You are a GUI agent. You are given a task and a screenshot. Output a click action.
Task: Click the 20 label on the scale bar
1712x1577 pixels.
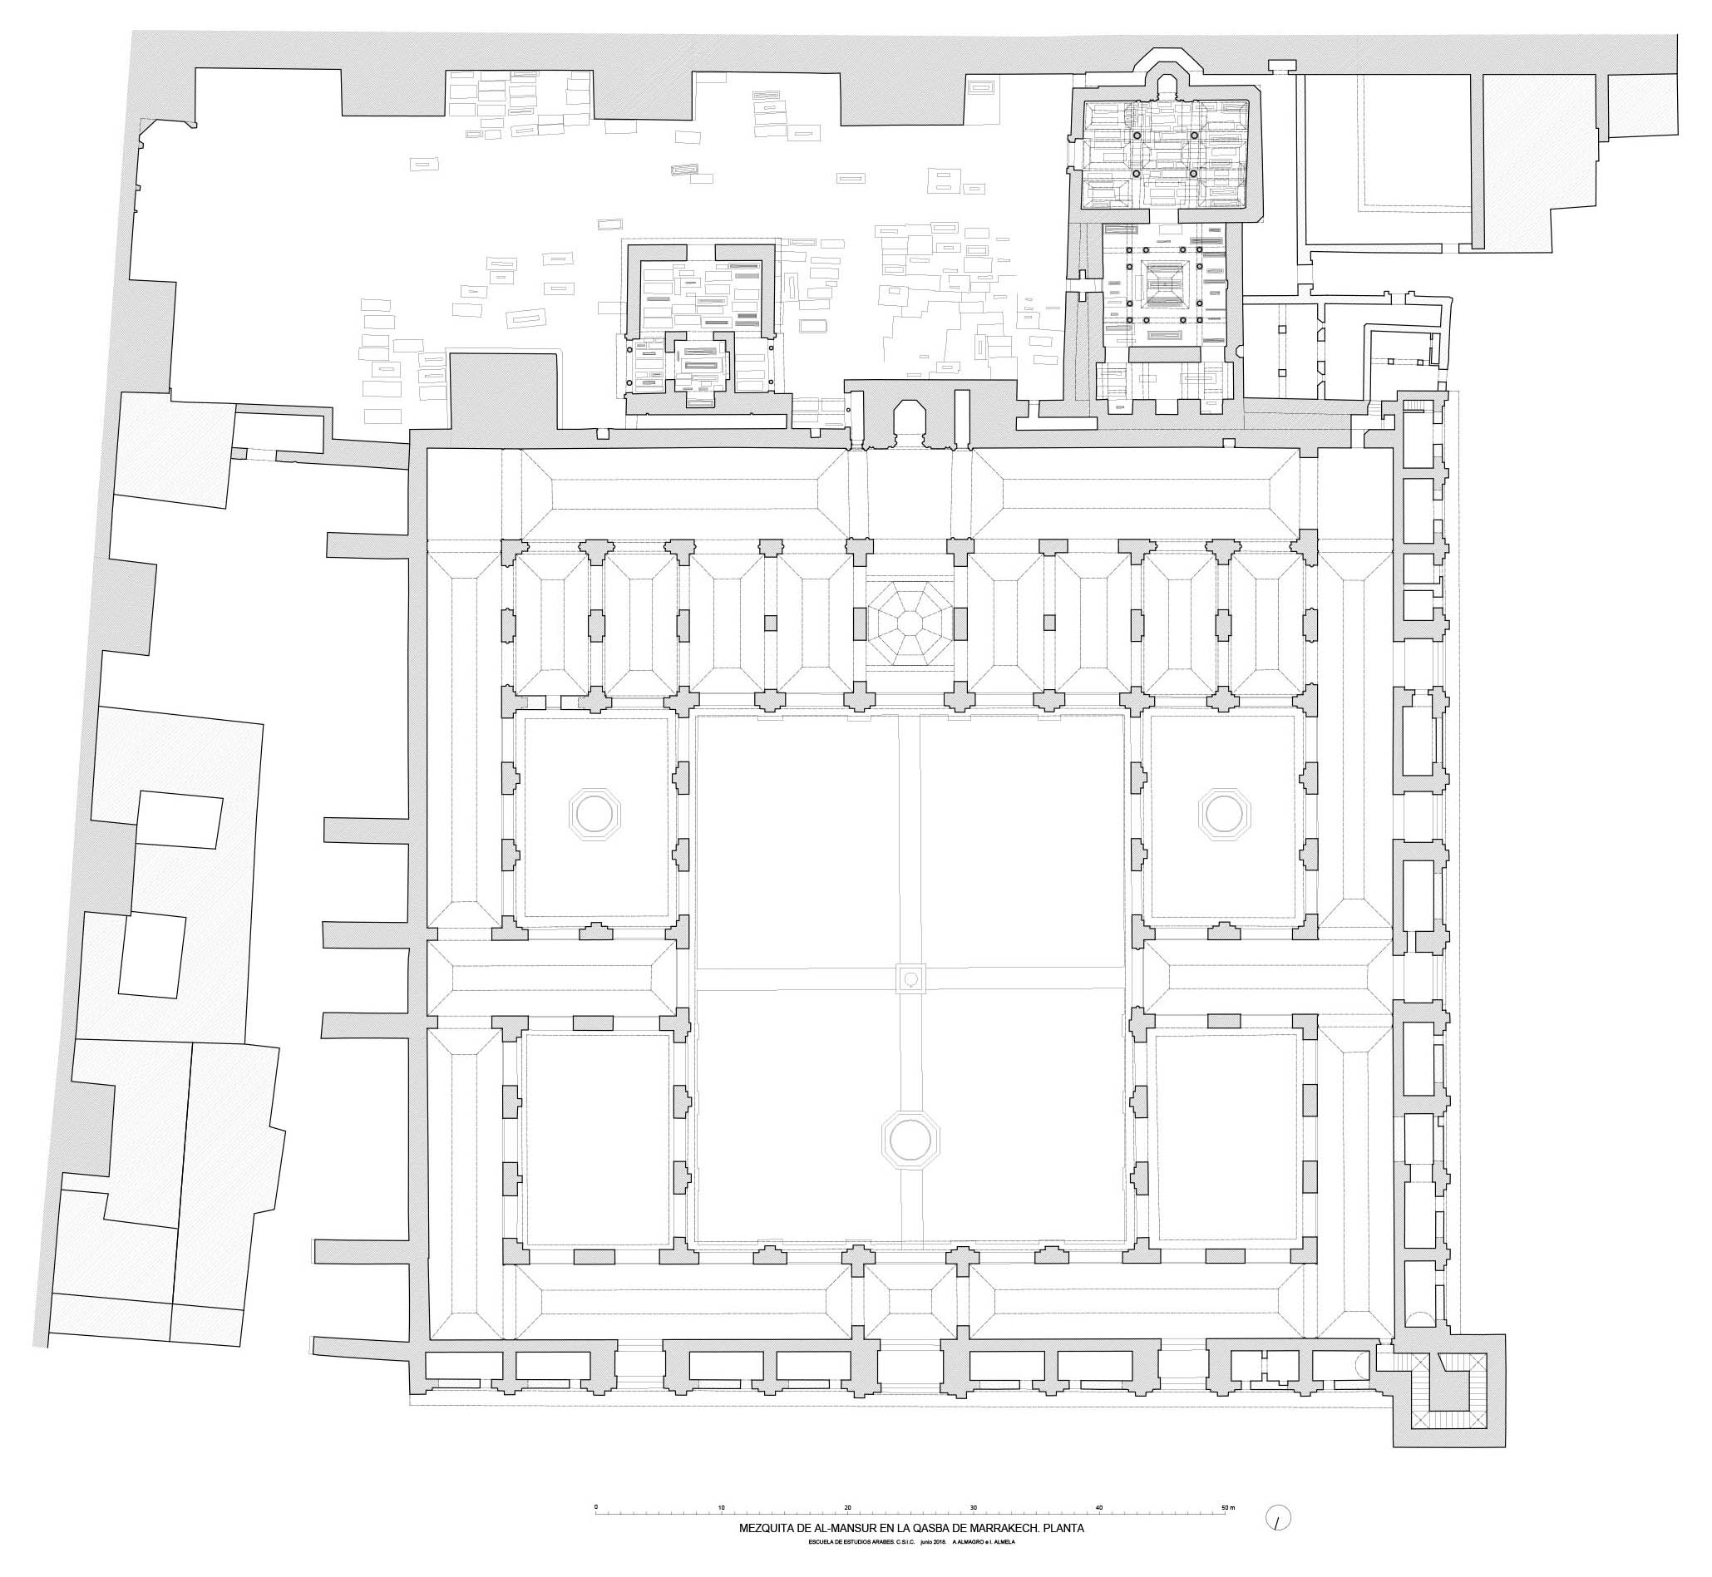(x=847, y=1508)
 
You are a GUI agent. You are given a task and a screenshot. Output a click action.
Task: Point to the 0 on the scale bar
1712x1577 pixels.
(x=596, y=1508)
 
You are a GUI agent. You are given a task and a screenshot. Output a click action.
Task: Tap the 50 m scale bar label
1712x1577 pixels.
(x=1227, y=1508)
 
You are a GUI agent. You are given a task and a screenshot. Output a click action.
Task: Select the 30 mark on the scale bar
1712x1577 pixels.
(x=974, y=1508)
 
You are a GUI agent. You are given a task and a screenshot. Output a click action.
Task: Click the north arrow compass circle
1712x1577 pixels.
(x=1279, y=1517)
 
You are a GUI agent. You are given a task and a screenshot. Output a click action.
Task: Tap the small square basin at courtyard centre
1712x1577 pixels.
(x=910, y=978)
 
